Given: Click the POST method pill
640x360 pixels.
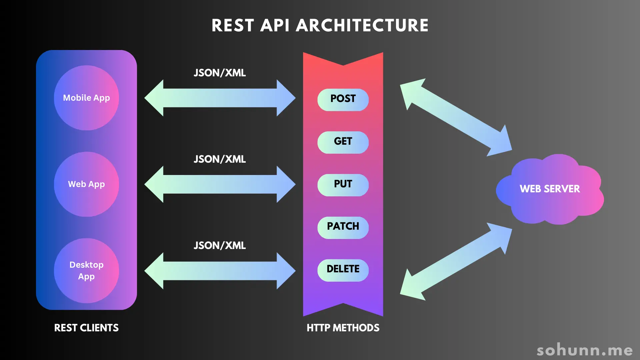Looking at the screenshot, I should click(x=343, y=99).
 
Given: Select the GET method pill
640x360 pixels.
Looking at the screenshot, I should click(x=343, y=142).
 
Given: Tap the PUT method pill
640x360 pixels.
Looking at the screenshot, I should click(x=343, y=185).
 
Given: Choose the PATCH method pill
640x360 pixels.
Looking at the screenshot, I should click(x=343, y=227).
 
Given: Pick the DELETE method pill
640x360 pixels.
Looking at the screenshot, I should click(x=343, y=270).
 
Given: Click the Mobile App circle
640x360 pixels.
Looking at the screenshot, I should click(x=86, y=98).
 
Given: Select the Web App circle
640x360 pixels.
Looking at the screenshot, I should click(x=86, y=184).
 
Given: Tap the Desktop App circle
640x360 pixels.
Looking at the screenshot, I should click(x=86, y=270).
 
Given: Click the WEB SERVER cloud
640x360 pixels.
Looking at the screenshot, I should click(x=550, y=189).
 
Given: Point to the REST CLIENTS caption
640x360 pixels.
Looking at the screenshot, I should click(x=86, y=328).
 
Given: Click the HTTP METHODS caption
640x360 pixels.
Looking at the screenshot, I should click(x=343, y=328).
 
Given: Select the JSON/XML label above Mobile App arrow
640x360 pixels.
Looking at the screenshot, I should click(x=220, y=73).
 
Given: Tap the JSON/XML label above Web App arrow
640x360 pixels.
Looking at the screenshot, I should click(x=220, y=159).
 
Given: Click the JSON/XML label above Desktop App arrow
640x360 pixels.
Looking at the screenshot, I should click(x=220, y=245).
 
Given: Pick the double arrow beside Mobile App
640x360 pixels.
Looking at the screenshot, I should click(x=220, y=98).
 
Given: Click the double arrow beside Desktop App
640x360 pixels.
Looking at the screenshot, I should click(x=220, y=270).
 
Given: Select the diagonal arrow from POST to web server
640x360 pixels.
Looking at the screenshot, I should click(x=456, y=117).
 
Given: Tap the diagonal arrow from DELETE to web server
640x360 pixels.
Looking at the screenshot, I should click(x=456, y=262).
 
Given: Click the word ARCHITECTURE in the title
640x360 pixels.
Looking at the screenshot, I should click(x=362, y=25).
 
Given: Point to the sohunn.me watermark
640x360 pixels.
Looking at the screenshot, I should click(x=585, y=350).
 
